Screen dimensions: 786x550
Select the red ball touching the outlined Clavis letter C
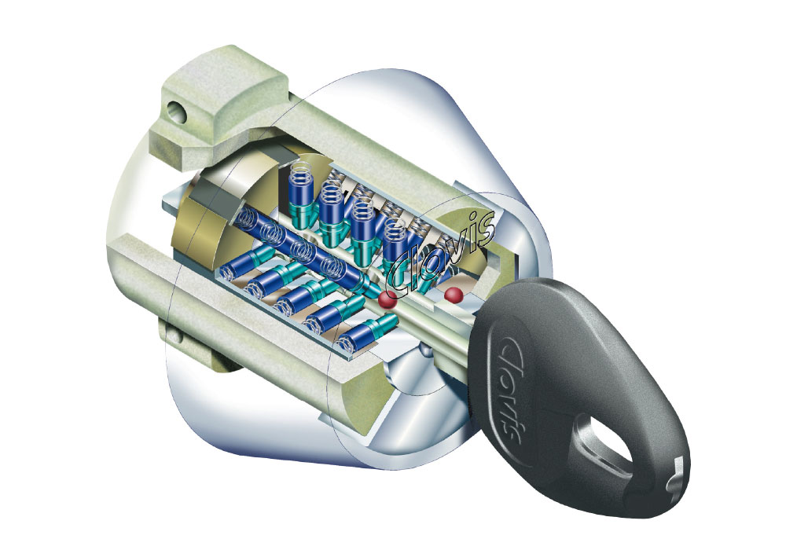pos(387,299)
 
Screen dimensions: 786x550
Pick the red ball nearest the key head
pos(454,295)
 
